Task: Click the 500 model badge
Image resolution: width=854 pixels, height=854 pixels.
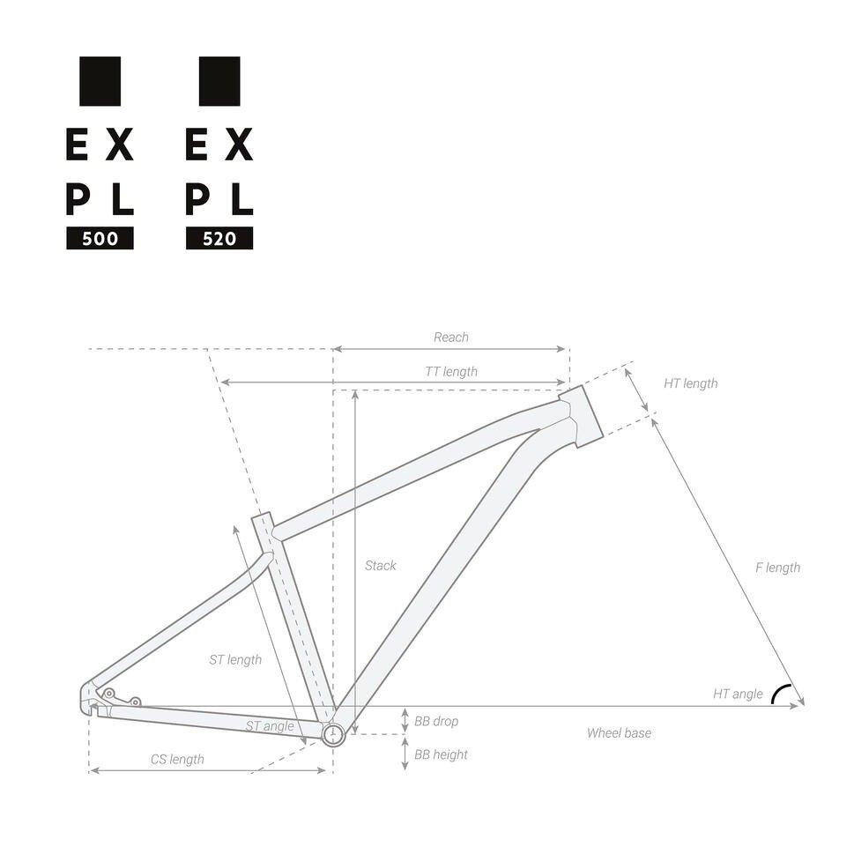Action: tap(100, 239)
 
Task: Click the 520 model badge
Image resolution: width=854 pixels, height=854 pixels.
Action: tap(219, 239)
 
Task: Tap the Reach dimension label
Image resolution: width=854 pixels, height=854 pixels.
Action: tap(451, 338)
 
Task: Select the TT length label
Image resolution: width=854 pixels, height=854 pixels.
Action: tap(451, 372)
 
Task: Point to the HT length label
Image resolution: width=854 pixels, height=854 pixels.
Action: tap(690, 383)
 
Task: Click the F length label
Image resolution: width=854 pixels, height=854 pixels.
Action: tap(777, 568)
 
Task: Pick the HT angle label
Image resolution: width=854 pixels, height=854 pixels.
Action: tap(738, 694)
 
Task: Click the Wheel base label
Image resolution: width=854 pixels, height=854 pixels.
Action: tap(619, 733)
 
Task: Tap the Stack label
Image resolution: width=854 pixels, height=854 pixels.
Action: tap(381, 566)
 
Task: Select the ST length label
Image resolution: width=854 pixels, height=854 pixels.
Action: tap(235, 659)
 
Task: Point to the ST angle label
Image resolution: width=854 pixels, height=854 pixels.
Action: tap(270, 726)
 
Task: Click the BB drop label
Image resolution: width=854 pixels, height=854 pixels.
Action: tap(436, 722)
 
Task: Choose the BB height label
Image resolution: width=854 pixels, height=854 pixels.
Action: tap(441, 755)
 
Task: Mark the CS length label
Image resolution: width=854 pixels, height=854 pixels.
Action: tap(177, 760)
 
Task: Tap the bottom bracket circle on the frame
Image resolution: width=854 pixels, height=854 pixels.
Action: tap(333, 733)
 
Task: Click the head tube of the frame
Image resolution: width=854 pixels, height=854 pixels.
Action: tap(582, 415)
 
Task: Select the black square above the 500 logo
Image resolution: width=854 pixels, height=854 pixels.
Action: tap(100, 81)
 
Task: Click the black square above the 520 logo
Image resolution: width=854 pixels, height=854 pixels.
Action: tap(219, 81)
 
